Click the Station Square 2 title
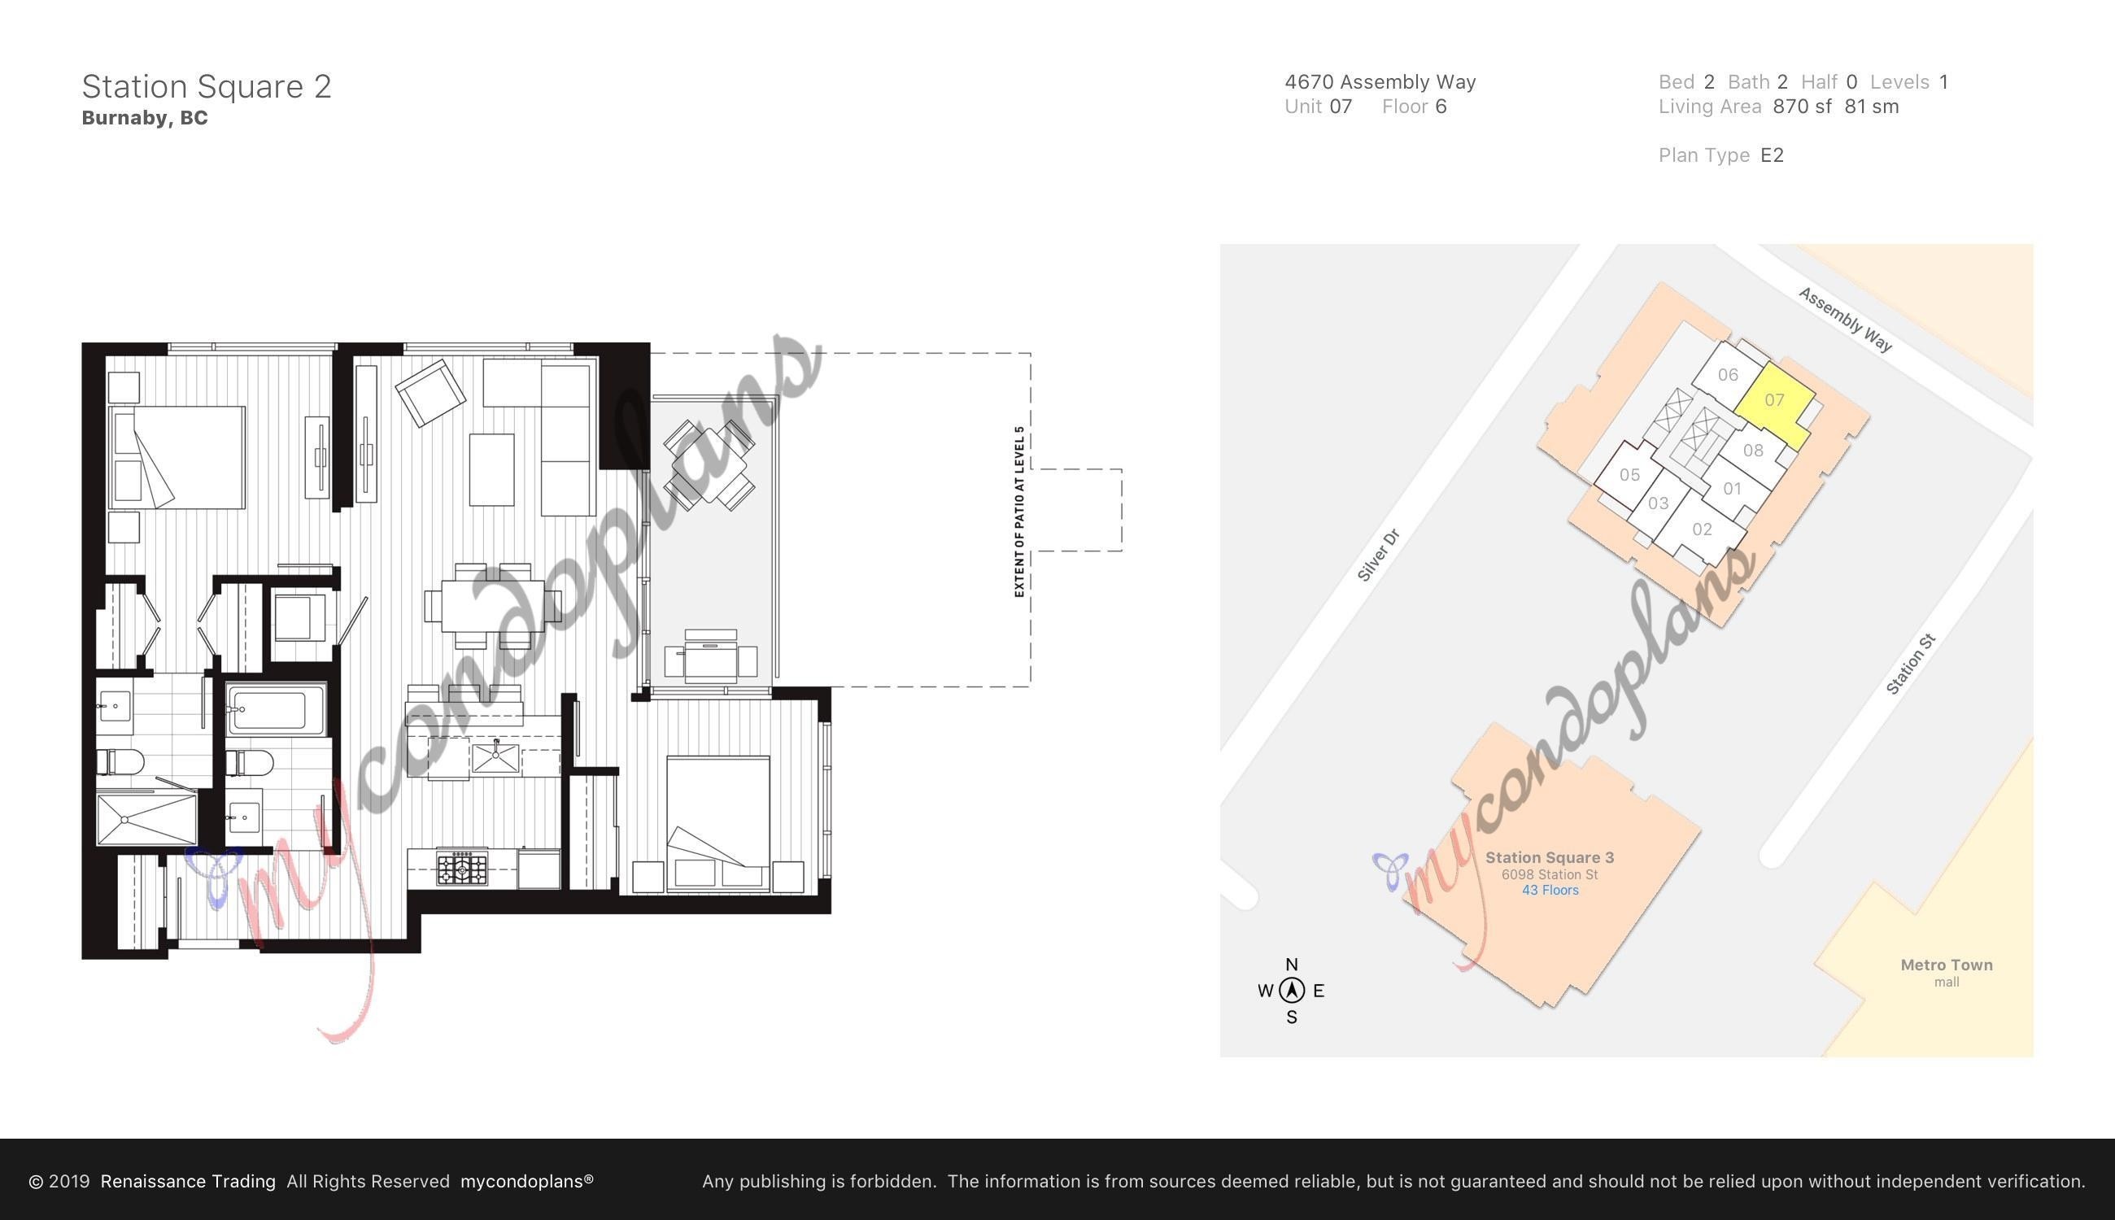pos(206,86)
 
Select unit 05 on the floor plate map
pos(1629,474)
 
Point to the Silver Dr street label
pos(1379,555)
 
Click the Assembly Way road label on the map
pos(1844,320)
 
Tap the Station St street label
pos(1911,664)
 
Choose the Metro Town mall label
pos(1946,972)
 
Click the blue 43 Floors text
pos(1550,890)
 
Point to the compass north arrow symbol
pos(1291,991)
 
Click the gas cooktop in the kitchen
pos(462,868)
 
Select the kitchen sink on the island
pos(495,757)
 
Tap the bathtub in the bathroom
pos(276,710)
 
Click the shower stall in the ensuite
pos(146,819)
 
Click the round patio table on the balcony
pos(709,465)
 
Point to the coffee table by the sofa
pos(491,469)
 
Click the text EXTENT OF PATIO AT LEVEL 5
pos(1019,512)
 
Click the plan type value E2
pos(1772,155)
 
